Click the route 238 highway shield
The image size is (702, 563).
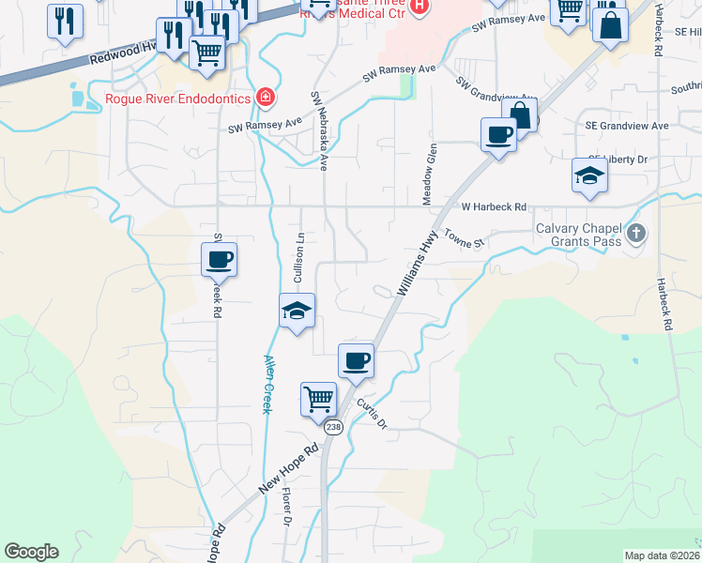[x=333, y=427]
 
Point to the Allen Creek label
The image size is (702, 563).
[x=267, y=385]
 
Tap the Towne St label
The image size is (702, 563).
[x=464, y=239]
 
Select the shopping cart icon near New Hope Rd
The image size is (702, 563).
[x=318, y=398]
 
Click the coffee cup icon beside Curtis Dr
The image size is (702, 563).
[x=356, y=360]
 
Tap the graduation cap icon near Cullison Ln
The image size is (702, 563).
[x=296, y=311]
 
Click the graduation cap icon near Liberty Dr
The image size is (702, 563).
[x=589, y=175]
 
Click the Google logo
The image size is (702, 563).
[x=31, y=551]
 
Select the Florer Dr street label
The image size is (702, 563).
[x=285, y=507]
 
